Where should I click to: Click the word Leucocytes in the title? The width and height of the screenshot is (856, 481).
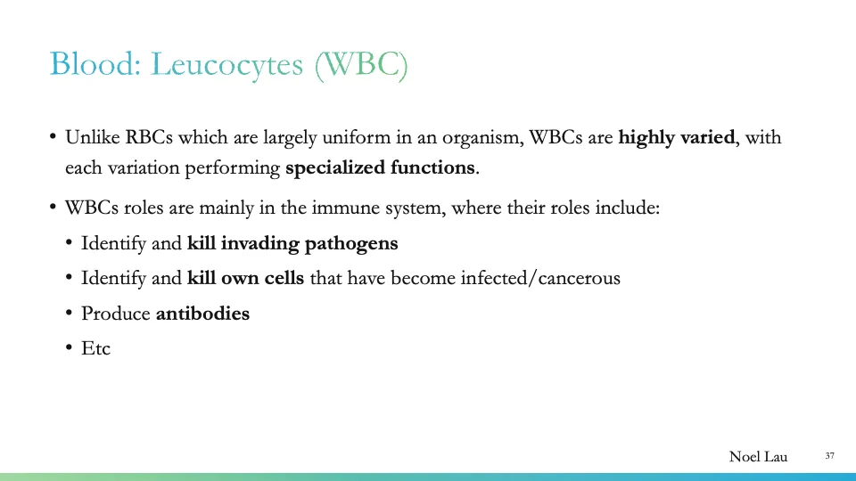coord(227,64)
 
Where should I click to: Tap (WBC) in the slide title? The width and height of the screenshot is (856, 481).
coord(360,64)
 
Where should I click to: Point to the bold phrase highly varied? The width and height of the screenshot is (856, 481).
coord(677,138)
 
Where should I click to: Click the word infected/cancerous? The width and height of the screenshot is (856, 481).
coord(540,278)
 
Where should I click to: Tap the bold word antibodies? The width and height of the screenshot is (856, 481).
coord(202,313)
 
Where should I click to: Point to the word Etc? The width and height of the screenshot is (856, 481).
coord(95,347)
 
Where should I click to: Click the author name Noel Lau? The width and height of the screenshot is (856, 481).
coord(758,457)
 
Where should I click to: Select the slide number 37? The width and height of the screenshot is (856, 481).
coord(829,456)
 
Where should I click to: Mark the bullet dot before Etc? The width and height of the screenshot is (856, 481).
coord(70,348)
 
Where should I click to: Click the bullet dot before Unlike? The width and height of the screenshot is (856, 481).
coord(53,138)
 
